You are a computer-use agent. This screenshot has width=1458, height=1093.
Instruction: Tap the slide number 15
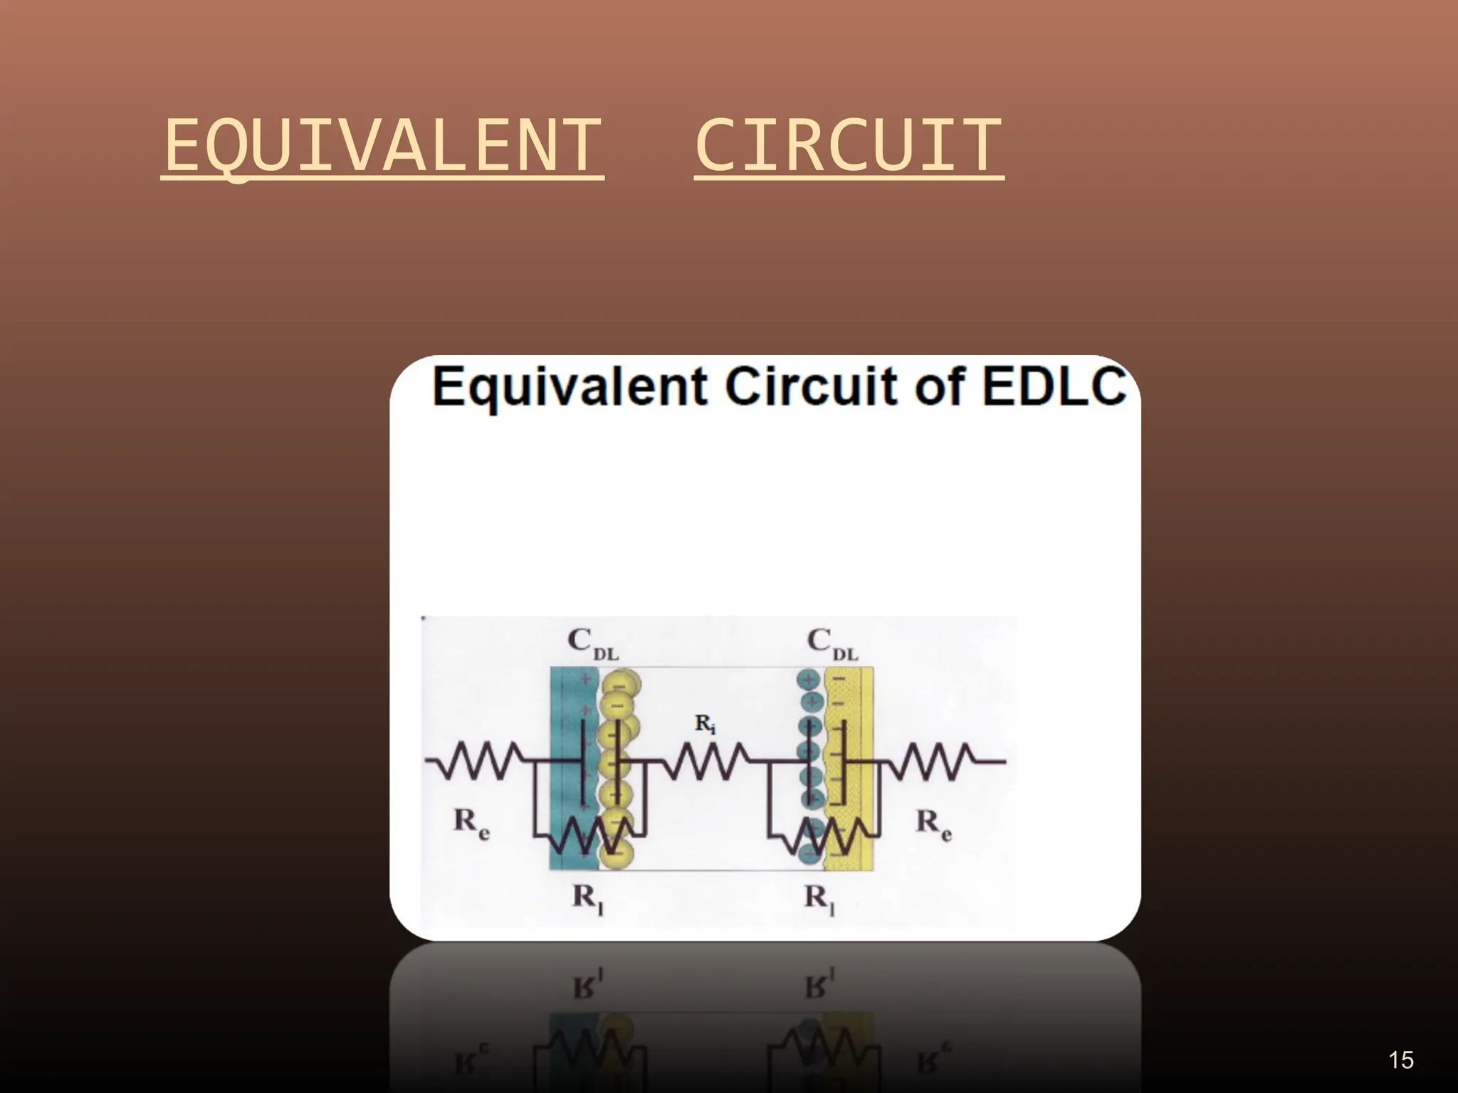pos(1400,1060)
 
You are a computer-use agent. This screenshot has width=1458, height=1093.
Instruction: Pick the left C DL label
pos(592,643)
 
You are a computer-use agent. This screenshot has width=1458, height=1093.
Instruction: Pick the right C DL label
pos(832,643)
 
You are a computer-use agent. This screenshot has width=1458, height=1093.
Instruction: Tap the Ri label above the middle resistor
pos(705,725)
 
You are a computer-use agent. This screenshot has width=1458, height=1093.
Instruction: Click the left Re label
pos(471,824)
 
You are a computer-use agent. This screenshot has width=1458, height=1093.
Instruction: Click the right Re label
pos(933,824)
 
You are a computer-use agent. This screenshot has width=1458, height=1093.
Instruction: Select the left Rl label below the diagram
pos(588,899)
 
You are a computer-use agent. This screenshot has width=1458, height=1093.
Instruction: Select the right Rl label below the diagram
pos(819,899)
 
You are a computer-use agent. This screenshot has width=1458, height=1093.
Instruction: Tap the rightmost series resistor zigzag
pos(935,761)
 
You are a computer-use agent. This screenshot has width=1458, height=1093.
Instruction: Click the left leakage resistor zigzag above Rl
pos(590,834)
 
